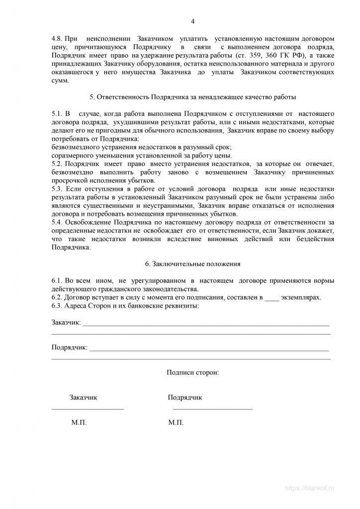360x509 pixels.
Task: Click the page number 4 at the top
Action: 193,21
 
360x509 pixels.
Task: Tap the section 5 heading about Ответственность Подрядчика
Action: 192,96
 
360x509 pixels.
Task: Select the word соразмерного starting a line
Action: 73,155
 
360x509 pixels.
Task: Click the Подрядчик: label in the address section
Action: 70,347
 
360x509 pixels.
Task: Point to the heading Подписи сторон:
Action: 192,372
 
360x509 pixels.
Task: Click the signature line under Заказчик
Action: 88,409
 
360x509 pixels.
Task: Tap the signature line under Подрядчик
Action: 212,409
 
